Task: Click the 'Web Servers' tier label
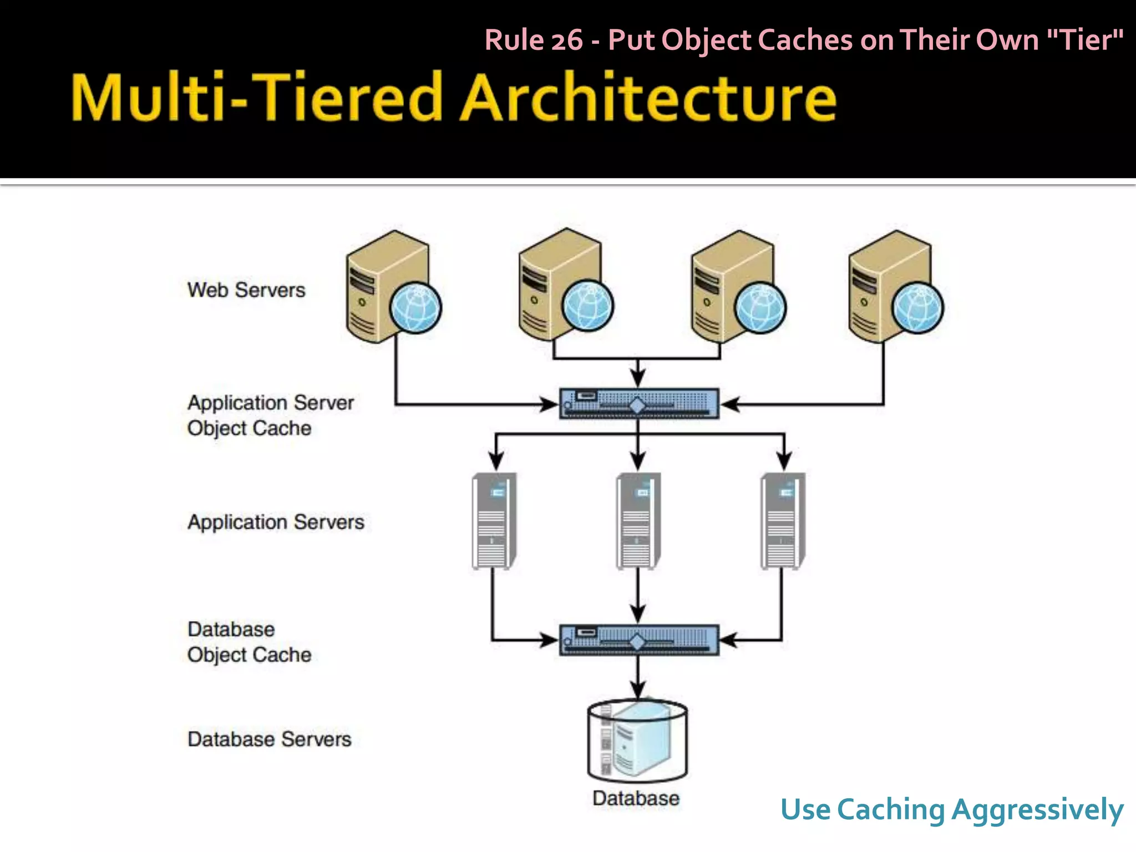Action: (x=246, y=290)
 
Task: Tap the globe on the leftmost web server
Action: (x=415, y=308)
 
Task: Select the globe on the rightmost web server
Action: (x=917, y=308)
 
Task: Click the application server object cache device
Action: (x=638, y=404)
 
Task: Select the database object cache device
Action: (x=638, y=640)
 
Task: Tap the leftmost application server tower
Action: (x=494, y=521)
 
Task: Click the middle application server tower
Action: (x=638, y=521)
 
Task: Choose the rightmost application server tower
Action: (x=782, y=521)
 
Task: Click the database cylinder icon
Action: (x=637, y=740)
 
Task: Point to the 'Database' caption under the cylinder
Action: (x=636, y=798)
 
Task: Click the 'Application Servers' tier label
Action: (x=276, y=522)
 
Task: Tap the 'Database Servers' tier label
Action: (x=270, y=739)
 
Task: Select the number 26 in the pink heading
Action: (x=566, y=40)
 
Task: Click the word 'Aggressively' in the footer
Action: (x=1037, y=810)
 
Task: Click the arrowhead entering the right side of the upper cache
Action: (x=730, y=404)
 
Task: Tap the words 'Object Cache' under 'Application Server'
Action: (x=249, y=428)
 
